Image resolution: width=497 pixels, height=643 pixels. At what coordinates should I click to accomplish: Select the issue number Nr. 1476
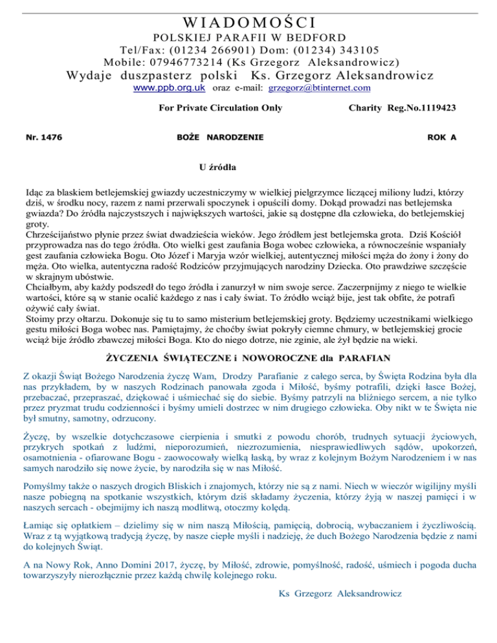(42, 138)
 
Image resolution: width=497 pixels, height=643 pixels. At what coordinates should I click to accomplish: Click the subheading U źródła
(216, 168)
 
